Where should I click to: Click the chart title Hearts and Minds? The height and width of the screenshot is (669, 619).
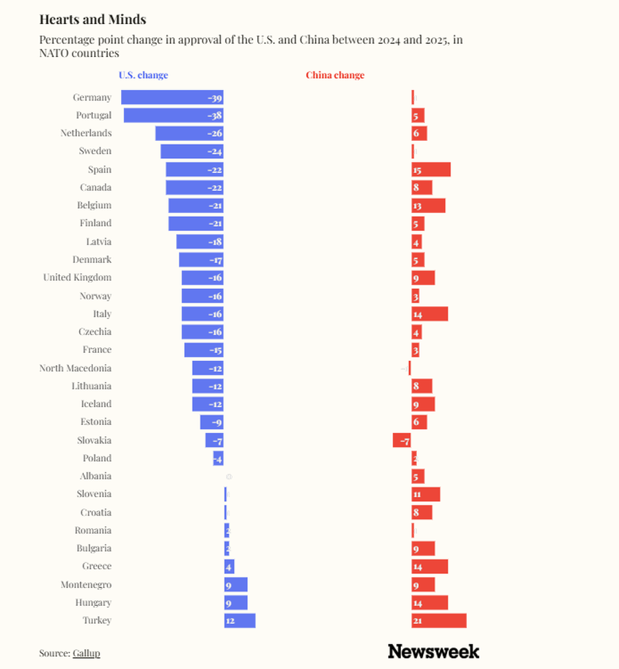[92, 19]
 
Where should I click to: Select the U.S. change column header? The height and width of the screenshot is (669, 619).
[143, 75]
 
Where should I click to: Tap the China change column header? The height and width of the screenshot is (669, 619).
[335, 75]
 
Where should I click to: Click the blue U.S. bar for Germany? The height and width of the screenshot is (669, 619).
[172, 98]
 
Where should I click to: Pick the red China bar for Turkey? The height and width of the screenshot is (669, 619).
[439, 621]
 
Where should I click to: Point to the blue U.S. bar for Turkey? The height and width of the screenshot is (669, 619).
[239, 621]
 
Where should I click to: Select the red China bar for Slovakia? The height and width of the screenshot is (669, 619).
[402, 440]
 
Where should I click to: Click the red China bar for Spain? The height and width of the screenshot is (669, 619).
[431, 170]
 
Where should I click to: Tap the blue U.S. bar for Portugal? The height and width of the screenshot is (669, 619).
[173, 116]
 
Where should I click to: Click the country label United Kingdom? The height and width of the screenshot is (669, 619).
[77, 278]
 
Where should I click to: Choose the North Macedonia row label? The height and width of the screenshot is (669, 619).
[75, 369]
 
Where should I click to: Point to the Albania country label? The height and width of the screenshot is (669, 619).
[95, 476]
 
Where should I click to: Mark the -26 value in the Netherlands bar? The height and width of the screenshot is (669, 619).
[215, 133]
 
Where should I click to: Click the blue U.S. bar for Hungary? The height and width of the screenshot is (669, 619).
[236, 603]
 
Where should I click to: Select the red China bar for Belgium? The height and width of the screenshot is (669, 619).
[428, 206]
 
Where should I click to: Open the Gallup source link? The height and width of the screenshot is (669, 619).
[86, 653]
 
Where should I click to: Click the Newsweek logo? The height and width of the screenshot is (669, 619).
[433, 651]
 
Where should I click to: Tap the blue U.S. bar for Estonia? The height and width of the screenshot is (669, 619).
[212, 422]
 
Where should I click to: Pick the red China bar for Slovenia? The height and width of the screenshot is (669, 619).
[426, 494]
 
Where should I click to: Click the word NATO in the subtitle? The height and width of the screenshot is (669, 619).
[54, 53]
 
